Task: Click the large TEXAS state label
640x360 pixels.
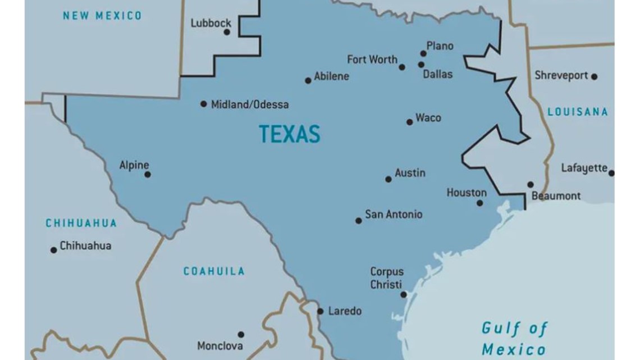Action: (x=289, y=134)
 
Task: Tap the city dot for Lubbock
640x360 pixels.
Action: (x=227, y=32)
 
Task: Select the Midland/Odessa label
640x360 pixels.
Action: (x=250, y=104)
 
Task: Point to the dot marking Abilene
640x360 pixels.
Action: (x=308, y=80)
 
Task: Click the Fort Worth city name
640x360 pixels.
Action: (x=372, y=60)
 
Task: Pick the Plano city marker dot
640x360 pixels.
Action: (x=423, y=53)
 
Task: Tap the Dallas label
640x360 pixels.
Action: (x=437, y=74)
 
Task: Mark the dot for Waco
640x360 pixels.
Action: (x=409, y=122)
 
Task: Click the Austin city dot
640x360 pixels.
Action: (x=388, y=179)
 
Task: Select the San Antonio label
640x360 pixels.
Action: (x=394, y=215)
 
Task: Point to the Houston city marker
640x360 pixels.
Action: (x=479, y=203)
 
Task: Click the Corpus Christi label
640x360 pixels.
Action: (x=386, y=278)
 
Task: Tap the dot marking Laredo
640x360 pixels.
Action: (x=320, y=311)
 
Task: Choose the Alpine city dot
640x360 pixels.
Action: (x=148, y=175)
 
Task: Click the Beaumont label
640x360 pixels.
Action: (x=556, y=196)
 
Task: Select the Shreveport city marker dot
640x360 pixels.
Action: (x=594, y=76)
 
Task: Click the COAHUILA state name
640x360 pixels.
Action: (x=214, y=271)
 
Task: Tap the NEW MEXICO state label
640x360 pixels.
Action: (x=102, y=16)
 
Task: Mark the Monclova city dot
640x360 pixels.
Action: (x=241, y=334)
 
